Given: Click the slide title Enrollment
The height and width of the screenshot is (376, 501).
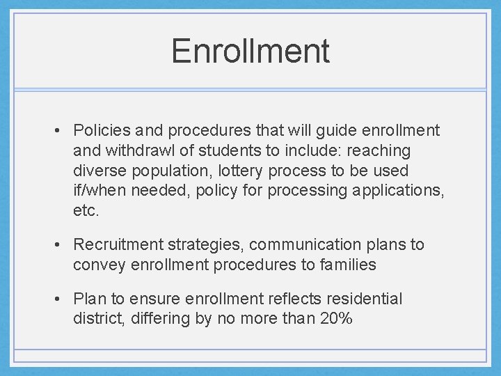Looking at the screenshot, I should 250,51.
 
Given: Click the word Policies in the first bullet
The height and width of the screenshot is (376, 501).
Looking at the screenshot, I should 97,130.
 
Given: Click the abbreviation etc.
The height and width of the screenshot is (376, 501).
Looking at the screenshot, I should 86,211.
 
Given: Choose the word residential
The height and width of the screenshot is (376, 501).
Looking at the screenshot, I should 363,299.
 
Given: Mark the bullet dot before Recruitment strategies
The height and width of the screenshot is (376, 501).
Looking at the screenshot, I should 62,245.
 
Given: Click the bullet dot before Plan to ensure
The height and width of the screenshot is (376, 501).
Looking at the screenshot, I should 62,299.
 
